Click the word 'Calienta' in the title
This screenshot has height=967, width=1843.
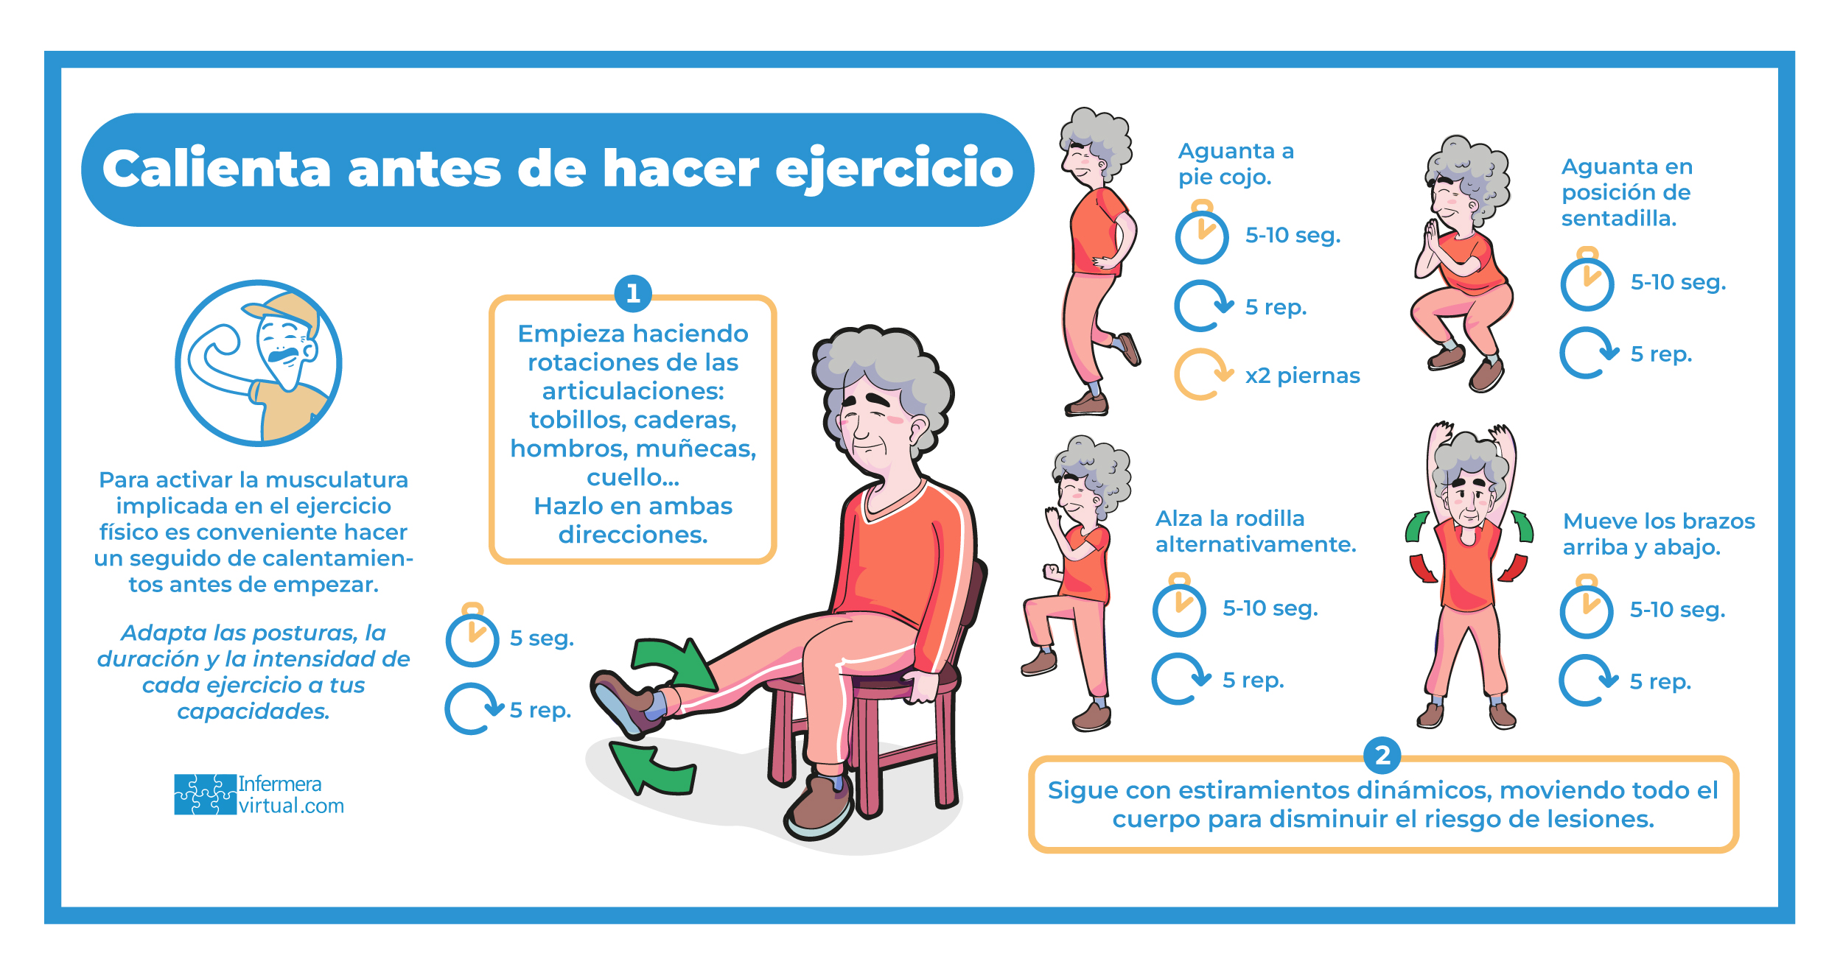[x=217, y=169]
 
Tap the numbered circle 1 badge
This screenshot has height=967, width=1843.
[x=633, y=293]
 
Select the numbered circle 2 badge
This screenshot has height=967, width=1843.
[x=1382, y=756]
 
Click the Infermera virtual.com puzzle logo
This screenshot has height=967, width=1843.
[x=205, y=794]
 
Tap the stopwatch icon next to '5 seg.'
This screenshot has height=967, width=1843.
[x=472, y=635]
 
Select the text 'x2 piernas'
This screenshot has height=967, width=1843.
[x=1302, y=376]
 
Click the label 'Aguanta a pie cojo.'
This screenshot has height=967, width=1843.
[x=1236, y=163]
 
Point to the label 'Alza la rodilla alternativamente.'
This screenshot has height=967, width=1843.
[x=1256, y=531]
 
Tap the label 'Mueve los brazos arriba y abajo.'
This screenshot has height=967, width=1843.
[x=1659, y=534]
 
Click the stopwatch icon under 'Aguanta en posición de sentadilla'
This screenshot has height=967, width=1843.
[x=1587, y=279]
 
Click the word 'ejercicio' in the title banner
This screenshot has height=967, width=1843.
[x=895, y=170]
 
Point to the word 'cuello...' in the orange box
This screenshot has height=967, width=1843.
[x=633, y=477]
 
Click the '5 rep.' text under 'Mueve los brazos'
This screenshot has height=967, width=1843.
[x=1660, y=681]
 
